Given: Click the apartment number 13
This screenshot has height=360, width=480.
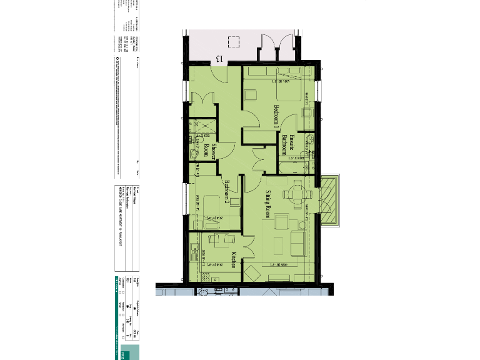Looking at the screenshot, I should (x=219, y=58).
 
